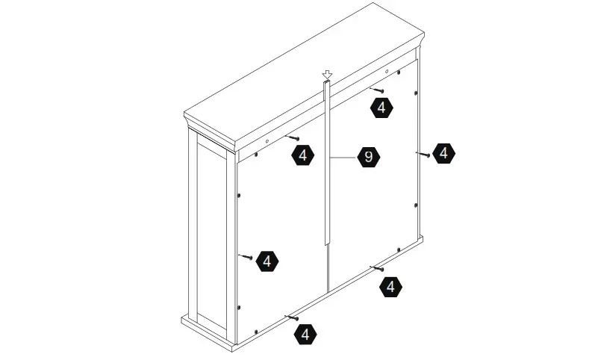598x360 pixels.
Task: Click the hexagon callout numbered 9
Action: point(368,158)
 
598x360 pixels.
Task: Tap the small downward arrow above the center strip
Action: point(326,75)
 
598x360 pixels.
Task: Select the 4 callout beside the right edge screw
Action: point(443,153)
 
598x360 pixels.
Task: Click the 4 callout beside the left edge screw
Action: point(267,261)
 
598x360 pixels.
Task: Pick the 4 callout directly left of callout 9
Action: point(302,155)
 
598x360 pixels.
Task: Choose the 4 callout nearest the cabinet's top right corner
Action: point(381,108)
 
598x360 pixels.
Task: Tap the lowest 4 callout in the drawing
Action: point(305,334)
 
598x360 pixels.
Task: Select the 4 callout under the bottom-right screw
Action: point(390,286)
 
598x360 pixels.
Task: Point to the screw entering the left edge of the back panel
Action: point(246,256)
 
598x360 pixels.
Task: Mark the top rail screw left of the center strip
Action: point(293,138)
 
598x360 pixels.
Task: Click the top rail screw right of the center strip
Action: point(376,90)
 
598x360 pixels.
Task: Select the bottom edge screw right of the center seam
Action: point(378,268)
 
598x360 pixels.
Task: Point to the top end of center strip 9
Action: point(326,83)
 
